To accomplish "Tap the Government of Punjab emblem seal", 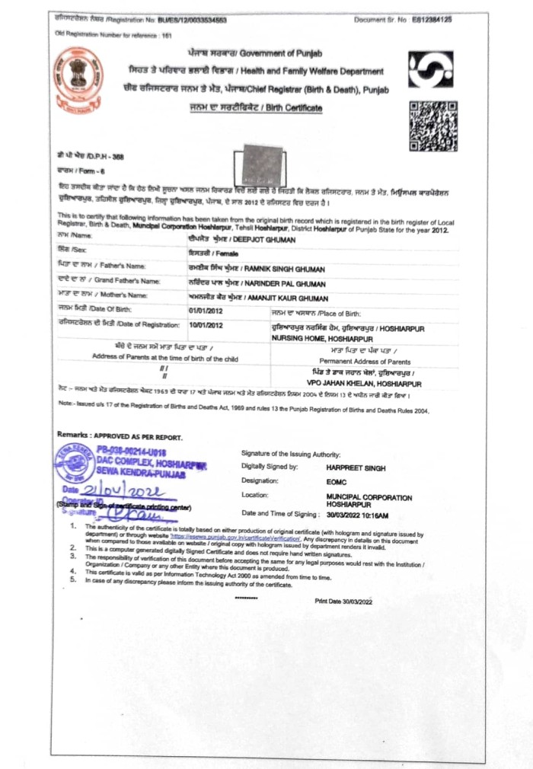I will tap(78, 80).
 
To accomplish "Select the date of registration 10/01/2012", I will tap(205, 325).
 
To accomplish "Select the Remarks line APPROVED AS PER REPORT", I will tap(120, 437).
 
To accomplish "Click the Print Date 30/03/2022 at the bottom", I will tap(345, 601).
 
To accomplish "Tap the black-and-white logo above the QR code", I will tap(430, 70).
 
